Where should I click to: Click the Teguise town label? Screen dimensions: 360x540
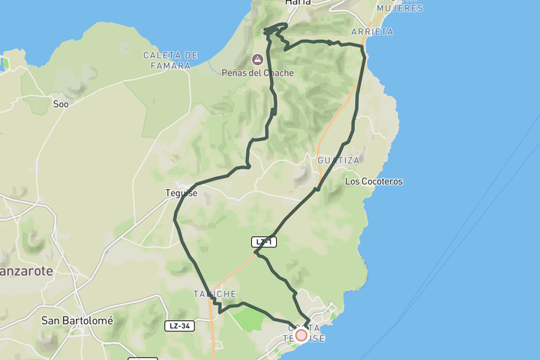coord(181,193)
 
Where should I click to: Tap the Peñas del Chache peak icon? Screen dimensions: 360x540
coord(257,59)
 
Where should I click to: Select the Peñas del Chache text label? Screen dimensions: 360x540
coord(257,73)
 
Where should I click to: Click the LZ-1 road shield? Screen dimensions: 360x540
coord(264,241)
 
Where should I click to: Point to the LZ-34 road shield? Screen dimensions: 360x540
coord(179,325)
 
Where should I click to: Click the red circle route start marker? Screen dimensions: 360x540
coord(301,334)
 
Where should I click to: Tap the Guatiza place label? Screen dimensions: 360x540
coord(338,160)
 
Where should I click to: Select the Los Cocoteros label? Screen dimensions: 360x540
coord(373,181)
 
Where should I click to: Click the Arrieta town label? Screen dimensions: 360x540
coord(371,31)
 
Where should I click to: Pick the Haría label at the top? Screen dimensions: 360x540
coord(298,4)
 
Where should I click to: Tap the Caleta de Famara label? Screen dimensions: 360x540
coord(171,59)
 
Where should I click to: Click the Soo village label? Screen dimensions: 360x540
coord(61,104)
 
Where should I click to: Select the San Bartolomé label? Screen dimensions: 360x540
coord(77,320)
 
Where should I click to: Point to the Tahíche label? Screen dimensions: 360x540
coord(214,293)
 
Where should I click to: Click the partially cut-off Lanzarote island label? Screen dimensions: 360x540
coord(26,271)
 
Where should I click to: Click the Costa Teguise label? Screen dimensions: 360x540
coord(306,333)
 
